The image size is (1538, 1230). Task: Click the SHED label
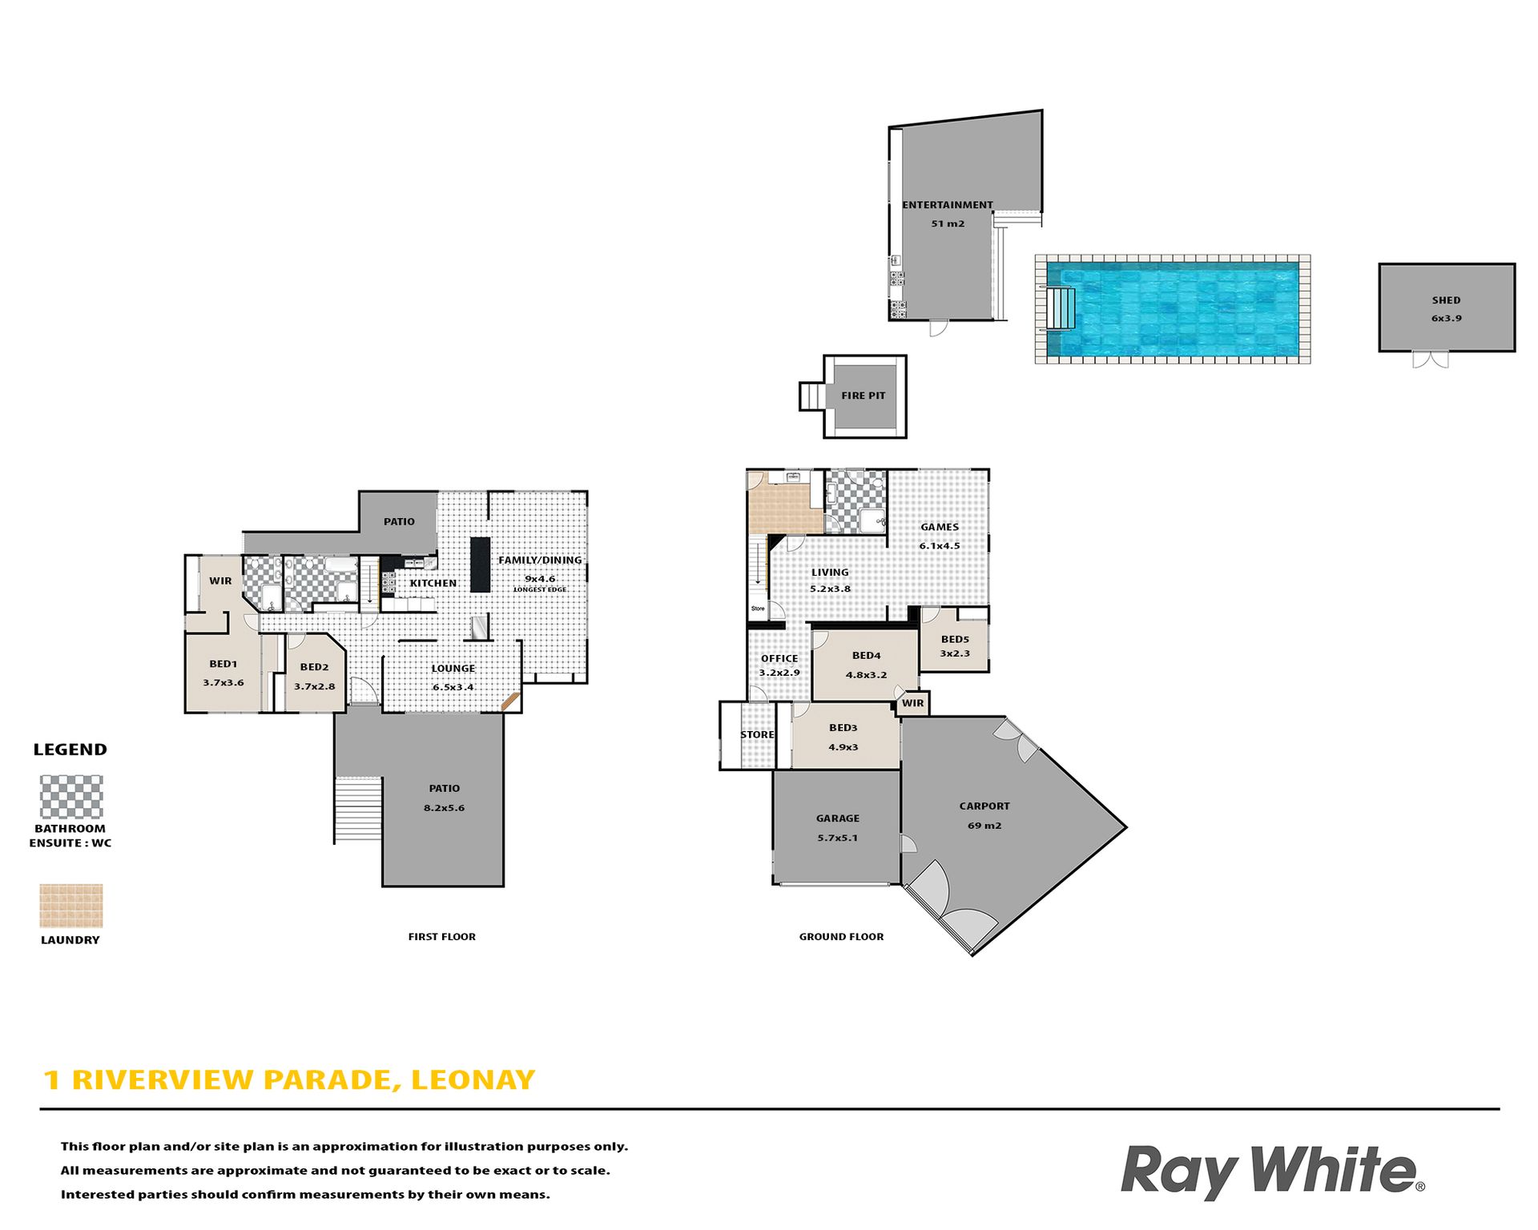pos(1446,300)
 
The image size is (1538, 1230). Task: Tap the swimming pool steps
pos(1061,307)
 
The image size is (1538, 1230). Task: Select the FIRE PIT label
pos(864,396)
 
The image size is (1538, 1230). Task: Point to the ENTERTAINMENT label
pos(948,205)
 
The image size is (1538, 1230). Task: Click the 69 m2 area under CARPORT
pos(984,826)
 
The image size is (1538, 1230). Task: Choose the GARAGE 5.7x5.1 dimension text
pos(838,838)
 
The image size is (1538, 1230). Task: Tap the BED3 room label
pos(843,728)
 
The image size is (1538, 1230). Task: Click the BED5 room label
pos(955,639)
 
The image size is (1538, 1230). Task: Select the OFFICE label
pos(779,658)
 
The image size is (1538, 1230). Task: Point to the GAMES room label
pos(940,527)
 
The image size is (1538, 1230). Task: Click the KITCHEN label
pos(433,583)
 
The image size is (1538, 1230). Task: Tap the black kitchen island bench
pos(480,565)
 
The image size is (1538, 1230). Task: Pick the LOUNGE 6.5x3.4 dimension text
pos(453,687)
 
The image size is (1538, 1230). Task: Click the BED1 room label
pos(223,664)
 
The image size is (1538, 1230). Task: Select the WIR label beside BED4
pos(913,703)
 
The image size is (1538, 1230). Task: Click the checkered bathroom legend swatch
pos(71,797)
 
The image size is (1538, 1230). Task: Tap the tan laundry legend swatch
pos(71,906)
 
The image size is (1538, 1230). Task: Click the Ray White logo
pos(1272,1172)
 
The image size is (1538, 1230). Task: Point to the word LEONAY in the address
pos(473,1080)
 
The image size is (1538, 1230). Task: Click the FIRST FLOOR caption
pos(442,937)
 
